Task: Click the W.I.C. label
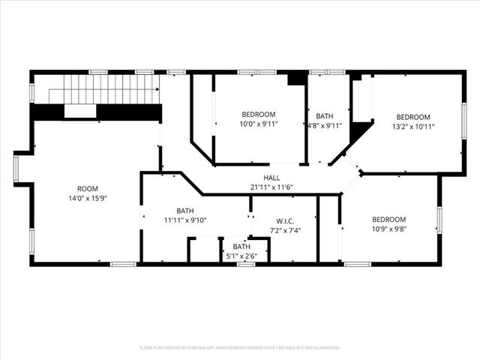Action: (284, 220)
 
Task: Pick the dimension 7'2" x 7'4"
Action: (284, 231)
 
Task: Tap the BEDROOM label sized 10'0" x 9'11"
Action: (259, 114)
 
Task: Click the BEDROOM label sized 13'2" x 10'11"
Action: (413, 116)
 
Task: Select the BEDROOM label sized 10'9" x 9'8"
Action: (389, 219)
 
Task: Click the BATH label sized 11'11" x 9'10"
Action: (185, 211)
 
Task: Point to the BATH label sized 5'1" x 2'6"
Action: (241, 246)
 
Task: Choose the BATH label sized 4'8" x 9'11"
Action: (325, 116)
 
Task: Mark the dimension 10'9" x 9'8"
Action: (389, 230)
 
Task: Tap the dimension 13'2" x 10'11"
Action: (413, 127)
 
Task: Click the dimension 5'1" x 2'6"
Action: (241, 256)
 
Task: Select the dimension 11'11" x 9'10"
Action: (185, 221)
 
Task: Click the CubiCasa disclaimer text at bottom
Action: (240, 348)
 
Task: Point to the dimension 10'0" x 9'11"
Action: (259, 124)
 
